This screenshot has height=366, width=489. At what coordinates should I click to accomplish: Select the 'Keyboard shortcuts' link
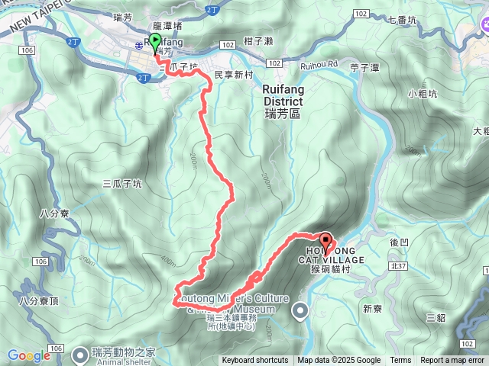click(255, 361)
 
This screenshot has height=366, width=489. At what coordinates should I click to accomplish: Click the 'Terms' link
click(400, 361)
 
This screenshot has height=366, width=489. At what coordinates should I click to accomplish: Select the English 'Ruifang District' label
click(278, 95)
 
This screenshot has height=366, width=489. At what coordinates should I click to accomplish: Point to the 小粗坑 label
click(422, 95)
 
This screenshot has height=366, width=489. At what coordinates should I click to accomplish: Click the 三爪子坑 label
click(121, 183)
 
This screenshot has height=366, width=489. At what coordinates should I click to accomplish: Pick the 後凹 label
click(400, 242)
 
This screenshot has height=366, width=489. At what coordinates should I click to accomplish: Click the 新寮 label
click(373, 309)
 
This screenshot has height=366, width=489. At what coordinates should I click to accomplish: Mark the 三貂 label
click(436, 316)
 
